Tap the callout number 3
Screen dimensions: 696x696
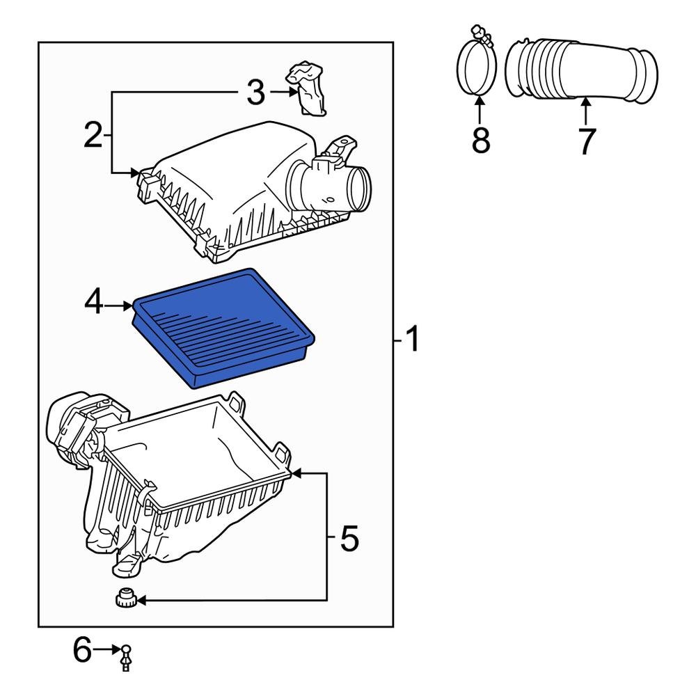(x=256, y=93)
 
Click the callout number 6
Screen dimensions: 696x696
(x=82, y=651)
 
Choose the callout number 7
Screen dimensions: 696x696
(x=587, y=141)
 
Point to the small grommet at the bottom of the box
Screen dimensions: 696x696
(x=125, y=599)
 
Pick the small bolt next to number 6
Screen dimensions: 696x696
(x=126, y=656)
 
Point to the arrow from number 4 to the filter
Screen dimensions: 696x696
(x=120, y=305)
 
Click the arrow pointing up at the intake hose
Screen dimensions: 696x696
(x=586, y=111)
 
